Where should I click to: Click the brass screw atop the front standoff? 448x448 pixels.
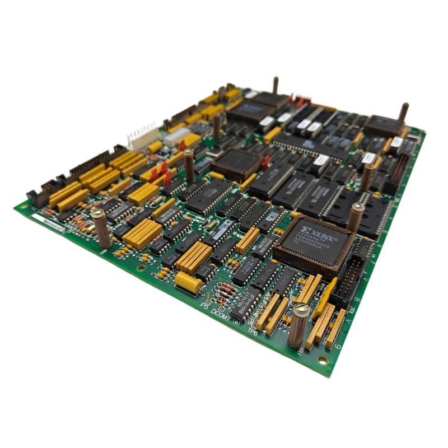(x=301, y=309)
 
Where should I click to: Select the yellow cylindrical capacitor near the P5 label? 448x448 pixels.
(x=188, y=283)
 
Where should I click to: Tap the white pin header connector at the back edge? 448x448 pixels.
(x=142, y=134)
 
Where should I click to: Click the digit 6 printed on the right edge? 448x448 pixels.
(x=338, y=346)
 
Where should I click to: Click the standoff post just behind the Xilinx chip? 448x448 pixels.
(x=355, y=216)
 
